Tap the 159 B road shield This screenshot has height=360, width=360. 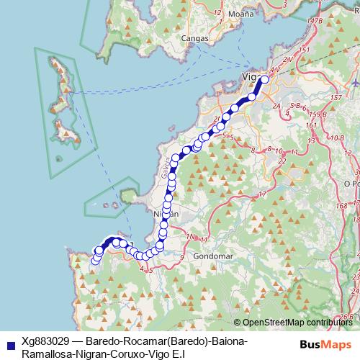tap(313, 114)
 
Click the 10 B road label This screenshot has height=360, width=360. tap(336, 137)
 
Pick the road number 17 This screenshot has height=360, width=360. tap(263, 194)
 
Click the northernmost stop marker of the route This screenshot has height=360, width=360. tap(262, 80)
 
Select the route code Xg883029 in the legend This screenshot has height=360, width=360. tap(46, 340)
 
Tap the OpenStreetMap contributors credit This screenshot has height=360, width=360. tap(297, 323)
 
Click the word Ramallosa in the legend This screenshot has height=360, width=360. tap(49, 354)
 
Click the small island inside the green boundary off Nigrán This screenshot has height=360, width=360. tap(128, 195)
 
